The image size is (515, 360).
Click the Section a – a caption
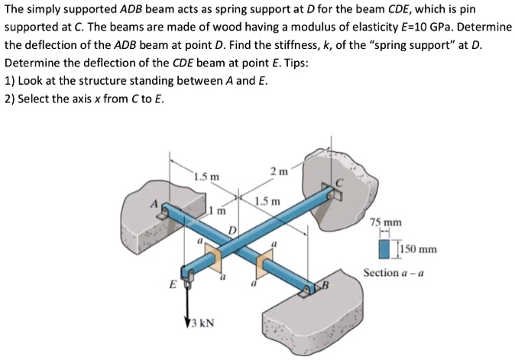pyautogui.click(x=395, y=272)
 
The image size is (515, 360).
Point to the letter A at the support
pyautogui.click(x=153, y=205)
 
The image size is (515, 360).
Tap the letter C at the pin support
pyautogui.click(x=344, y=183)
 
